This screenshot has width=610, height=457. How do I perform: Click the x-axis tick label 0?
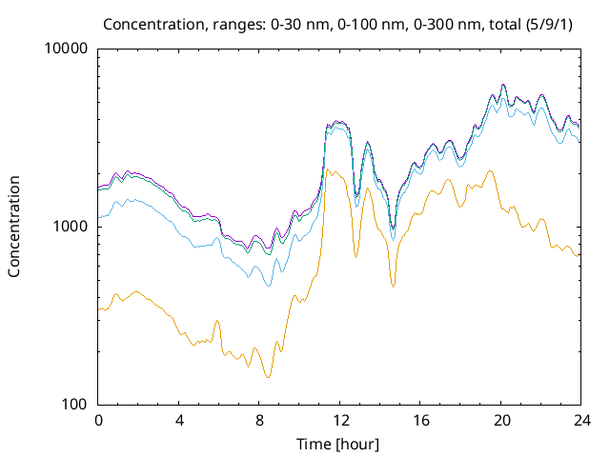(x=98, y=420)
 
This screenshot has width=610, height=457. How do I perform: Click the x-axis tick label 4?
(x=179, y=420)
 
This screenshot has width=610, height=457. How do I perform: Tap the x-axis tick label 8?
(x=259, y=420)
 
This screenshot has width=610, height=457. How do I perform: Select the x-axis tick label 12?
(x=340, y=420)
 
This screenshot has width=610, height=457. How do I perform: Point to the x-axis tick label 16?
(x=420, y=420)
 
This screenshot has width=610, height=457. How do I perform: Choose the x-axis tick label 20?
(x=501, y=420)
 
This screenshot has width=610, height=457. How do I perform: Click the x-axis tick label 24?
(x=581, y=420)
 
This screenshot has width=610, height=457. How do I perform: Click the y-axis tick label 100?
(x=73, y=405)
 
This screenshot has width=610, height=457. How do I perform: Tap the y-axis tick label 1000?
(x=70, y=227)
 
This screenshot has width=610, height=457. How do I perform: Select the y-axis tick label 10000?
(x=66, y=49)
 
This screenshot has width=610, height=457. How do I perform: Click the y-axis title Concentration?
(x=14, y=227)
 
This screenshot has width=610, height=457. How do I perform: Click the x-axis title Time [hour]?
(x=339, y=444)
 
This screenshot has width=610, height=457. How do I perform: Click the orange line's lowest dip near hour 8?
(x=268, y=378)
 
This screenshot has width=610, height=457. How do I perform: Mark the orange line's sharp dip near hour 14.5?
(x=393, y=286)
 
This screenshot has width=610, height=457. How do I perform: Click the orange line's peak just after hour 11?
(x=328, y=169)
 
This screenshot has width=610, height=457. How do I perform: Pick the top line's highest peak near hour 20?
(x=503, y=85)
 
